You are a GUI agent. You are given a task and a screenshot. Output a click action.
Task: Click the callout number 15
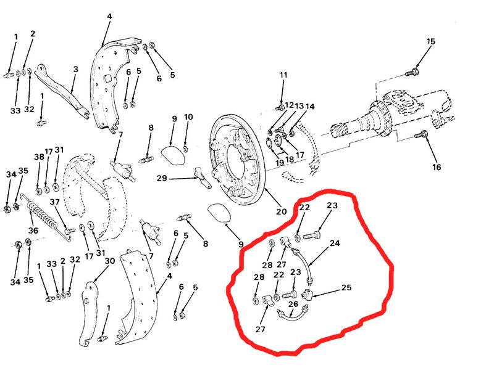430,41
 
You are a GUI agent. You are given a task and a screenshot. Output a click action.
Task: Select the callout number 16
437,166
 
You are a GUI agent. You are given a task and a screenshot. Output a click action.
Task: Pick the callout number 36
33,231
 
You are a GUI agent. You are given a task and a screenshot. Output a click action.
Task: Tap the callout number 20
282,211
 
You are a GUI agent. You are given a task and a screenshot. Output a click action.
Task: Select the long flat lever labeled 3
62,92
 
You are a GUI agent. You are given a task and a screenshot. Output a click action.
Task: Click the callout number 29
162,179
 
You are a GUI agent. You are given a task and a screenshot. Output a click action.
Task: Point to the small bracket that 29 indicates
202,178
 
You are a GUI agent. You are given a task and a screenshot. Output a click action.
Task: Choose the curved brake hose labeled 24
303,264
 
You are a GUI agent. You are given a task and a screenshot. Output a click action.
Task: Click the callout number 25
346,287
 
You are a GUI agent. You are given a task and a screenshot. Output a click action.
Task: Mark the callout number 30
110,261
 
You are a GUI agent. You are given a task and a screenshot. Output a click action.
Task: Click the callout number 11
283,75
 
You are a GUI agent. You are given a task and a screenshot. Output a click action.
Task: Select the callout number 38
39,157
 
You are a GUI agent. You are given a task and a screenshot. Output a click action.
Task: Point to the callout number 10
188,117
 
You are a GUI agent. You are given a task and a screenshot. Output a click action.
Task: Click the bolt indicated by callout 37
70,231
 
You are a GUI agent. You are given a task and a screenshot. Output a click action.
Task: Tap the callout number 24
335,243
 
